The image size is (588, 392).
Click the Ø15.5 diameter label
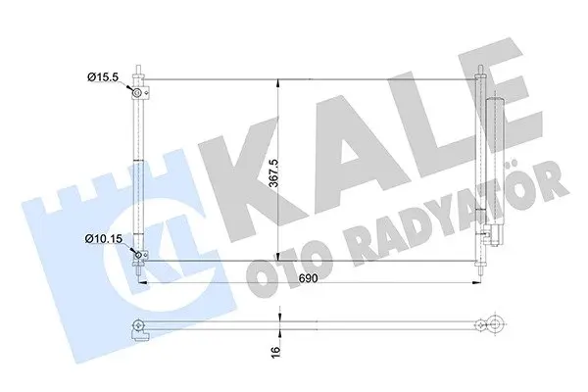103,77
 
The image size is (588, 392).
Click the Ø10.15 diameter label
104,238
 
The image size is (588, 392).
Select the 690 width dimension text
309,278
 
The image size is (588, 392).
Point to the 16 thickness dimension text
275,351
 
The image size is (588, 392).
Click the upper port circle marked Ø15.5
137,92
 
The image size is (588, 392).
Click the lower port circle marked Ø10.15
138,256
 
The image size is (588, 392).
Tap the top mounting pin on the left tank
138,71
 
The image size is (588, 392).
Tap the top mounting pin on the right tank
480,71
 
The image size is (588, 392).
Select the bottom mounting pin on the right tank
480,270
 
